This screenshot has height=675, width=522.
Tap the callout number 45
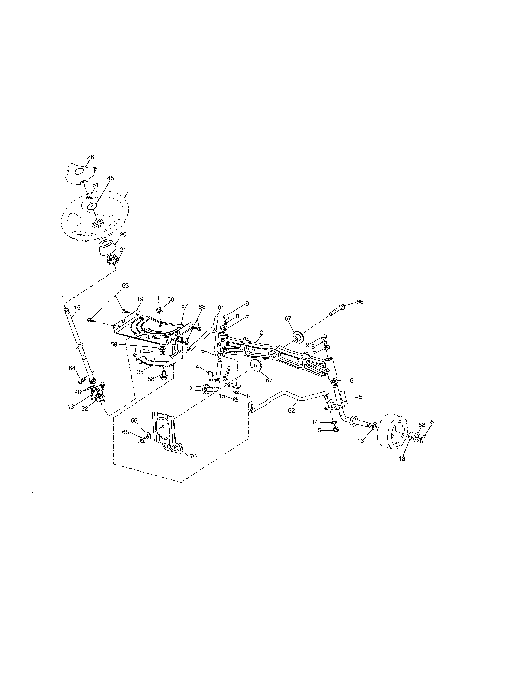[x=110, y=178]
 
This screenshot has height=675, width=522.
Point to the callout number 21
[x=123, y=249]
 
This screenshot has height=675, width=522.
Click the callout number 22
[x=84, y=408]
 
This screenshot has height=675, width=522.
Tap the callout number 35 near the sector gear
[x=140, y=372]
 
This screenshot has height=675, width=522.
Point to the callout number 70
[x=193, y=456]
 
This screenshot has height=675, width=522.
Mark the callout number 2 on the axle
[x=261, y=333]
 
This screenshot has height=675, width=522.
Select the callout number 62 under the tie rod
[x=291, y=411]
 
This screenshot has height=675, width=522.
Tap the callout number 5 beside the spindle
[x=360, y=397]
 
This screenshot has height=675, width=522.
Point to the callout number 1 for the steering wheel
[x=127, y=188]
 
